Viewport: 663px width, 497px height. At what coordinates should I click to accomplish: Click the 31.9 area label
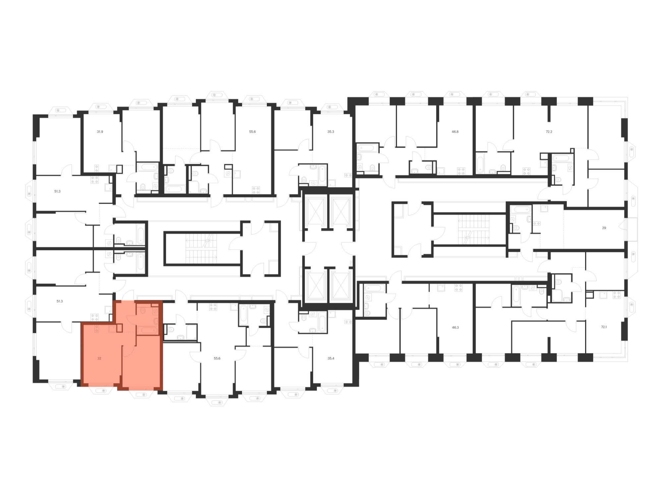[x=100, y=132]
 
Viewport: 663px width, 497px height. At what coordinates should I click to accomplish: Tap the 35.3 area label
[x=331, y=132]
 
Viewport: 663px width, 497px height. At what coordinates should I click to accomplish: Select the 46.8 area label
[x=455, y=132]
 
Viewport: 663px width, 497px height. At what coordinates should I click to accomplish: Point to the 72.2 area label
[x=549, y=132]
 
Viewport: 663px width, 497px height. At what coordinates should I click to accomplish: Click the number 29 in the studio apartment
[x=604, y=228]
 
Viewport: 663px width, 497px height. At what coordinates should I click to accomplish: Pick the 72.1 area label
[x=604, y=327]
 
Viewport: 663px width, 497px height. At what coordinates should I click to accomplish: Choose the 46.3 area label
[x=455, y=327]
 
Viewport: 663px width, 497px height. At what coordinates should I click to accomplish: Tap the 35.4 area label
[x=331, y=359]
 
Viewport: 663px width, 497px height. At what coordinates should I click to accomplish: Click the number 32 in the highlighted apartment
[x=99, y=359]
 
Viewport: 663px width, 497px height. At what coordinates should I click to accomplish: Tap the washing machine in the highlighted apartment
[x=155, y=311]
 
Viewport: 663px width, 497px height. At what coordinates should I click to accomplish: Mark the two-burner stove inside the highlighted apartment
[x=96, y=329]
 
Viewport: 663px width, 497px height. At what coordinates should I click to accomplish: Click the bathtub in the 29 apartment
[x=521, y=209]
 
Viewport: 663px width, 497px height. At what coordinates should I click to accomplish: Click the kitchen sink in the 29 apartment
[x=544, y=208]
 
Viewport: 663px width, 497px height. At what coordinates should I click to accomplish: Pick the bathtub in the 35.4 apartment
[x=322, y=322]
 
